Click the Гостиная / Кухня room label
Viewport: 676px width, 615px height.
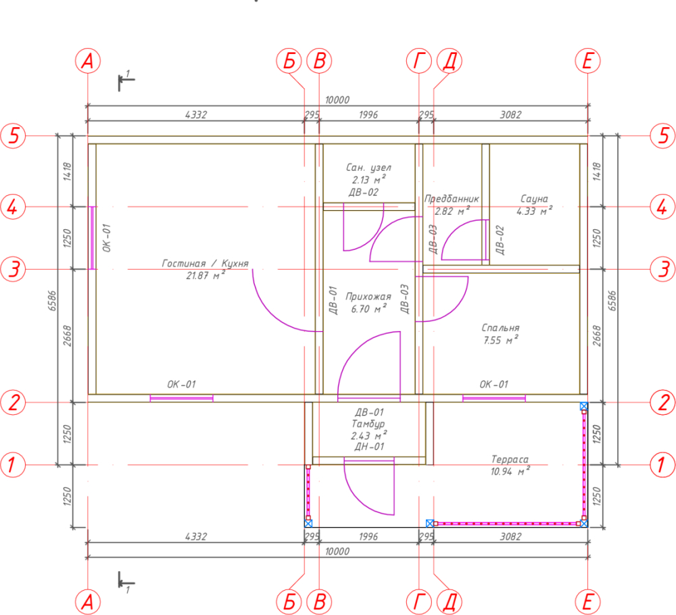tap(206, 264)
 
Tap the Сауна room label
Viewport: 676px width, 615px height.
tap(534, 199)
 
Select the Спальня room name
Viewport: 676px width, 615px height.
tap(500, 328)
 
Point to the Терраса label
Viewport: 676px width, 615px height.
tap(510, 460)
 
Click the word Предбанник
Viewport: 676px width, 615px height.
tap(452, 199)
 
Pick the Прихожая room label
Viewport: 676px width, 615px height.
tap(368, 297)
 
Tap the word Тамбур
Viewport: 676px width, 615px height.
tap(368, 424)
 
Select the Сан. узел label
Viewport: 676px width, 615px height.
tap(368, 167)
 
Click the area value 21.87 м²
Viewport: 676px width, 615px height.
tap(206, 275)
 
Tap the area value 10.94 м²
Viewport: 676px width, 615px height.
tap(510, 471)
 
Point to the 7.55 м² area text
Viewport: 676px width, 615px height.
tap(500, 340)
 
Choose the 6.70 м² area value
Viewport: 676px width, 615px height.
tap(368, 309)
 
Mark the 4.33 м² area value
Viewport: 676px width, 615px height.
tap(534, 211)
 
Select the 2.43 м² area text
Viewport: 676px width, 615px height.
tap(368, 435)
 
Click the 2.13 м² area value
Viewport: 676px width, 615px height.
tap(368, 179)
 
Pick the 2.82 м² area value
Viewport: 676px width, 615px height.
tap(452, 211)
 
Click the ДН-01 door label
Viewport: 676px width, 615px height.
tap(369, 447)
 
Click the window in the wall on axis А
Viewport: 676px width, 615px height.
tap(91, 238)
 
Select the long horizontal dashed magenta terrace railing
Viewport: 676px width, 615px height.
tap(507, 524)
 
